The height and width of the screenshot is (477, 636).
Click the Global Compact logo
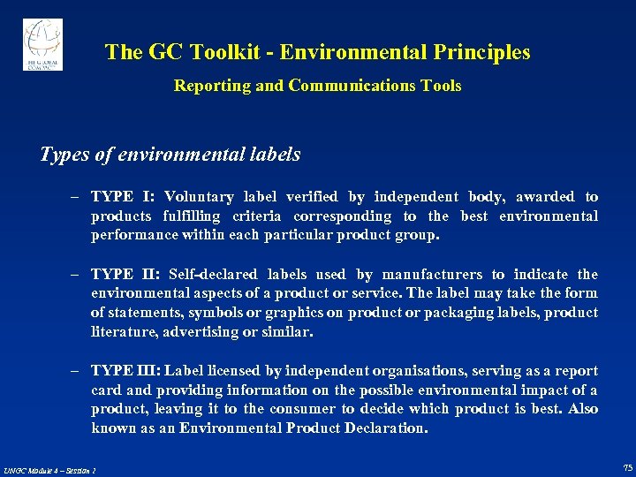click(x=42, y=44)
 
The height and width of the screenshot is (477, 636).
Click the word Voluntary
click(x=200, y=197)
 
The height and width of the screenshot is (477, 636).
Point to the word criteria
click(x=257, y=216)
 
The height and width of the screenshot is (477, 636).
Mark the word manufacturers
click(x=439, y=275)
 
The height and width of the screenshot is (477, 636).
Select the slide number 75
click(x=627, y=467)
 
